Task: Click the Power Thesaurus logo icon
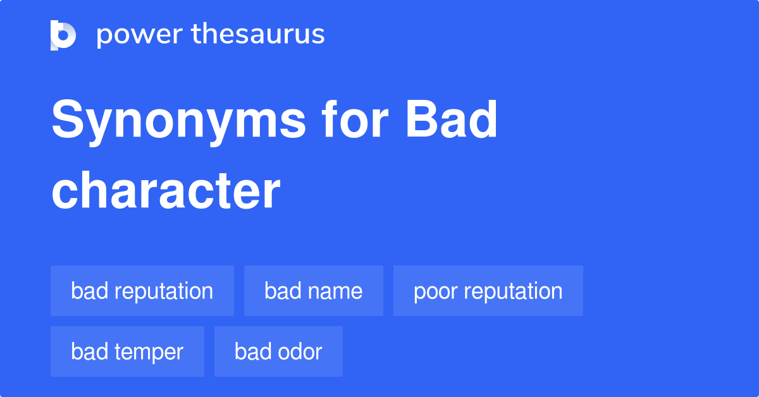[63, 35]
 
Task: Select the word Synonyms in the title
[178, 121]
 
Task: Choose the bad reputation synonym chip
[142, 291]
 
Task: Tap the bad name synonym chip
[314, 291]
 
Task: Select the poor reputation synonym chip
[488, 291]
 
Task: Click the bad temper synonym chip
[127, 351]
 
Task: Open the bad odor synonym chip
[278, 351]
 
